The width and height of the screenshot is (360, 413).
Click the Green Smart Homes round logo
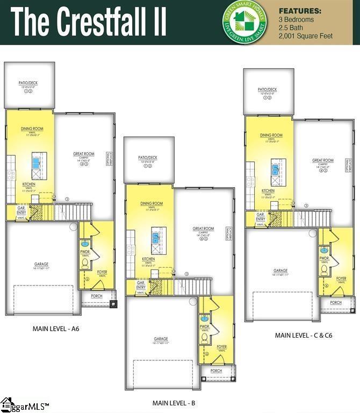pyautogui.click(x=244, y=22)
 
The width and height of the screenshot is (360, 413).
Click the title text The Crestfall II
pyautogui.click(x=89, y=23)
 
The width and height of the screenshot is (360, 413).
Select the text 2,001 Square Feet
pyautogui.click(x=306, y=36)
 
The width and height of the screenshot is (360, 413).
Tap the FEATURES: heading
pyautogui.click(x=300, y=10)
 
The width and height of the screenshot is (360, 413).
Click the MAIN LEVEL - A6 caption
pyautogui.click(x=56, y=327)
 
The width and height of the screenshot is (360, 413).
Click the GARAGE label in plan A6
pyautogui.click(x=41, y=264)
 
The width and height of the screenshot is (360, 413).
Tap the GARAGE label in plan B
pyautogui.click(x=161, y=339)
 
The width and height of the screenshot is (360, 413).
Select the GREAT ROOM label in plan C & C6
pyautogui.click(x=323, y=160)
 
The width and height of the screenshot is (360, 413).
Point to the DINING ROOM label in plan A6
pyautogui.click(x=32, y=129)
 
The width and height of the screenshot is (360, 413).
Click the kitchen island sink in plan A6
pyautogui.click(x=37, y=160)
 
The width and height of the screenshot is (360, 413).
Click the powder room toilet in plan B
pyautogui.click(x=204, y=337)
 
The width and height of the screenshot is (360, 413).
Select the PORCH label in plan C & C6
pyautogui.click(x=335, y=303)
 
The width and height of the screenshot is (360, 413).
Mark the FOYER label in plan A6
pyautogui.click(x=102, y=272)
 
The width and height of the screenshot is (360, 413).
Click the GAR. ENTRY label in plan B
pyautogui.click(x=141, y=285)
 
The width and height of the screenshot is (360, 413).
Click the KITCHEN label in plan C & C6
pyautogui.click(x=268, y=191)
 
